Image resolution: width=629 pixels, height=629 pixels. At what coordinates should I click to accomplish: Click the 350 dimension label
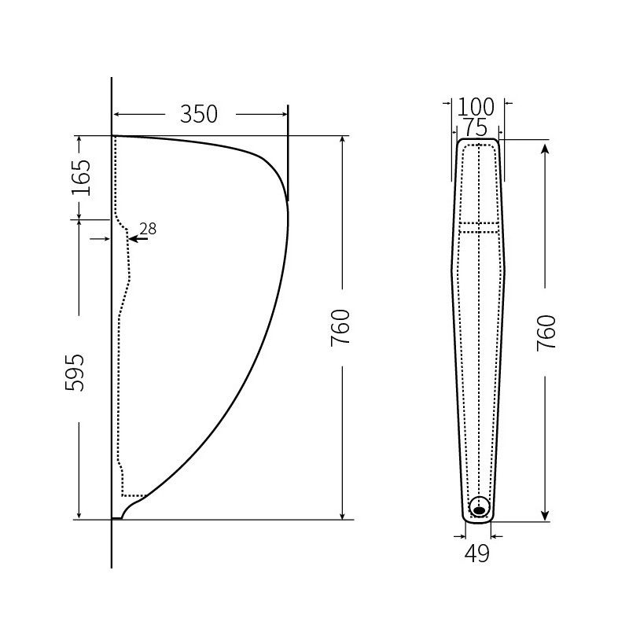[198, 114]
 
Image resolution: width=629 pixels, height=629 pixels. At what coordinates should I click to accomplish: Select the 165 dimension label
[81, 178]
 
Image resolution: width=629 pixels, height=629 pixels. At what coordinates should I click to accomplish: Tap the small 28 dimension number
[148, 229]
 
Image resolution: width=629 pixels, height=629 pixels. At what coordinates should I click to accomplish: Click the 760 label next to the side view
[340, 328]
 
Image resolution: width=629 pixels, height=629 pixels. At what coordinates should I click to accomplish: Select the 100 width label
[476, 107]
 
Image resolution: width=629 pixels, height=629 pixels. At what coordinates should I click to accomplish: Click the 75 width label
[475, 127]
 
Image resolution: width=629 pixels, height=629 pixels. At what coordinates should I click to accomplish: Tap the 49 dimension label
[476, 554]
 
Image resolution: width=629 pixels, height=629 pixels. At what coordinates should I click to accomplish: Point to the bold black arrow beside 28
[136, 237]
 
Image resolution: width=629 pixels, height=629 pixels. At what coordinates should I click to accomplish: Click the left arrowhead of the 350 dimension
[118, 114]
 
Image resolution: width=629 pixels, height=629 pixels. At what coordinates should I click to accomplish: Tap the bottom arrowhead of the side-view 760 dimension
[341, 514]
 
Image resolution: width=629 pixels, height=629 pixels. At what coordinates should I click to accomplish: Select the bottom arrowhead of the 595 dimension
[79, 514]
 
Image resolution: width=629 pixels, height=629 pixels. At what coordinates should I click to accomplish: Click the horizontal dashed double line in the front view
[479, 227]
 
